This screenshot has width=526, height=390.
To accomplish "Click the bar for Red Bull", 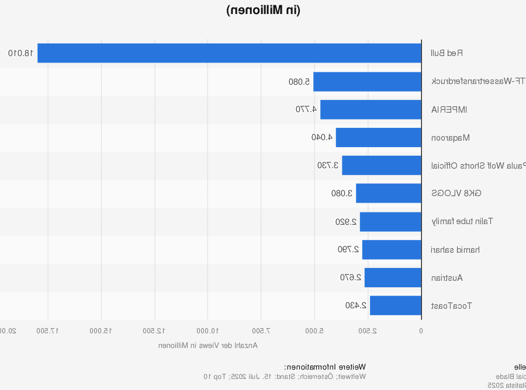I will click(x=229, y=53).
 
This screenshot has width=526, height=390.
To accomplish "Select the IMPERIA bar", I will click(x=371, y=109).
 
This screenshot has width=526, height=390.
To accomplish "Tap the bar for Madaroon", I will click(x=378, y=137).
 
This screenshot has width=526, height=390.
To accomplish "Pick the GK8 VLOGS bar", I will click(x=388, y=193).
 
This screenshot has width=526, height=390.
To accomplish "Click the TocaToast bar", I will click(x=395, y=305).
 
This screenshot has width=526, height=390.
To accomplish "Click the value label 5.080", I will click(x=299, y=82).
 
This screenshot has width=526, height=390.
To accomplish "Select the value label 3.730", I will click(x=328, y=165).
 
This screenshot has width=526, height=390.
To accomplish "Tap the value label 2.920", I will click(x=347, y=222).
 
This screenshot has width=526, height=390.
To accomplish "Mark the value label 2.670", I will click(x=351, y=277).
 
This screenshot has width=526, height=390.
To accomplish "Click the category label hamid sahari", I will click(x=456, y=250).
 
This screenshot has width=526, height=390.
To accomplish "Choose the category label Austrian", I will click(x=447, y=278).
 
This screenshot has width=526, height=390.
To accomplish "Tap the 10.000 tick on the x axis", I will click(x=208, y=331).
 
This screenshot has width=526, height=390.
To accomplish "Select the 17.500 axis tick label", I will click(x=48, y=331).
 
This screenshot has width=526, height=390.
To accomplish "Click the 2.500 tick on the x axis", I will click(x=368, y=331).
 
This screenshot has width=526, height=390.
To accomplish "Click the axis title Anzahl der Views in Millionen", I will click(x=208, y=345).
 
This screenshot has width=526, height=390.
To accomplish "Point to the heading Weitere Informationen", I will click(x=325, y=367).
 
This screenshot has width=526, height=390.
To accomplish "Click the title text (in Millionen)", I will click(x=263, y=10).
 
